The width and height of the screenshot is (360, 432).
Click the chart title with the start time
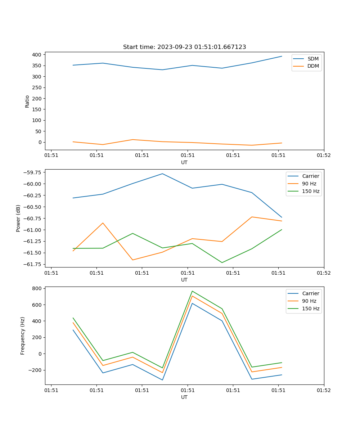pos(184,47)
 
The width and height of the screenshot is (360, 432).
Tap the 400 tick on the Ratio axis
pos(37,55)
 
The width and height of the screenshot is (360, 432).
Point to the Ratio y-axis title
pos(27,101)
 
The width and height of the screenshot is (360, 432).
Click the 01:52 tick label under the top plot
pos(324,156)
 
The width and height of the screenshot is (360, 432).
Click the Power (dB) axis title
pos(18,218)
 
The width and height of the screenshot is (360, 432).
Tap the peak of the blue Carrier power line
pos(162,174)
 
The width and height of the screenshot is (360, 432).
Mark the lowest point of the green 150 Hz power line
pos(222,262)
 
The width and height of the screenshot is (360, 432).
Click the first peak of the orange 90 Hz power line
pos(103,223)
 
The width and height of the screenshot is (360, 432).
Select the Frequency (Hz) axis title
pos(23,336)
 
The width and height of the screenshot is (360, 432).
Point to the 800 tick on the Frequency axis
pos(37,288)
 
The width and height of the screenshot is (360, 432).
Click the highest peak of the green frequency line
pos(192,291)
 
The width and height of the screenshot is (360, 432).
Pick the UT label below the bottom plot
pos(184,397)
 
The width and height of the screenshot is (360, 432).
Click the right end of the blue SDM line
pos(282,56)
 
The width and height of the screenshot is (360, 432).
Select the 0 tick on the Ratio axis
pos(40,142)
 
